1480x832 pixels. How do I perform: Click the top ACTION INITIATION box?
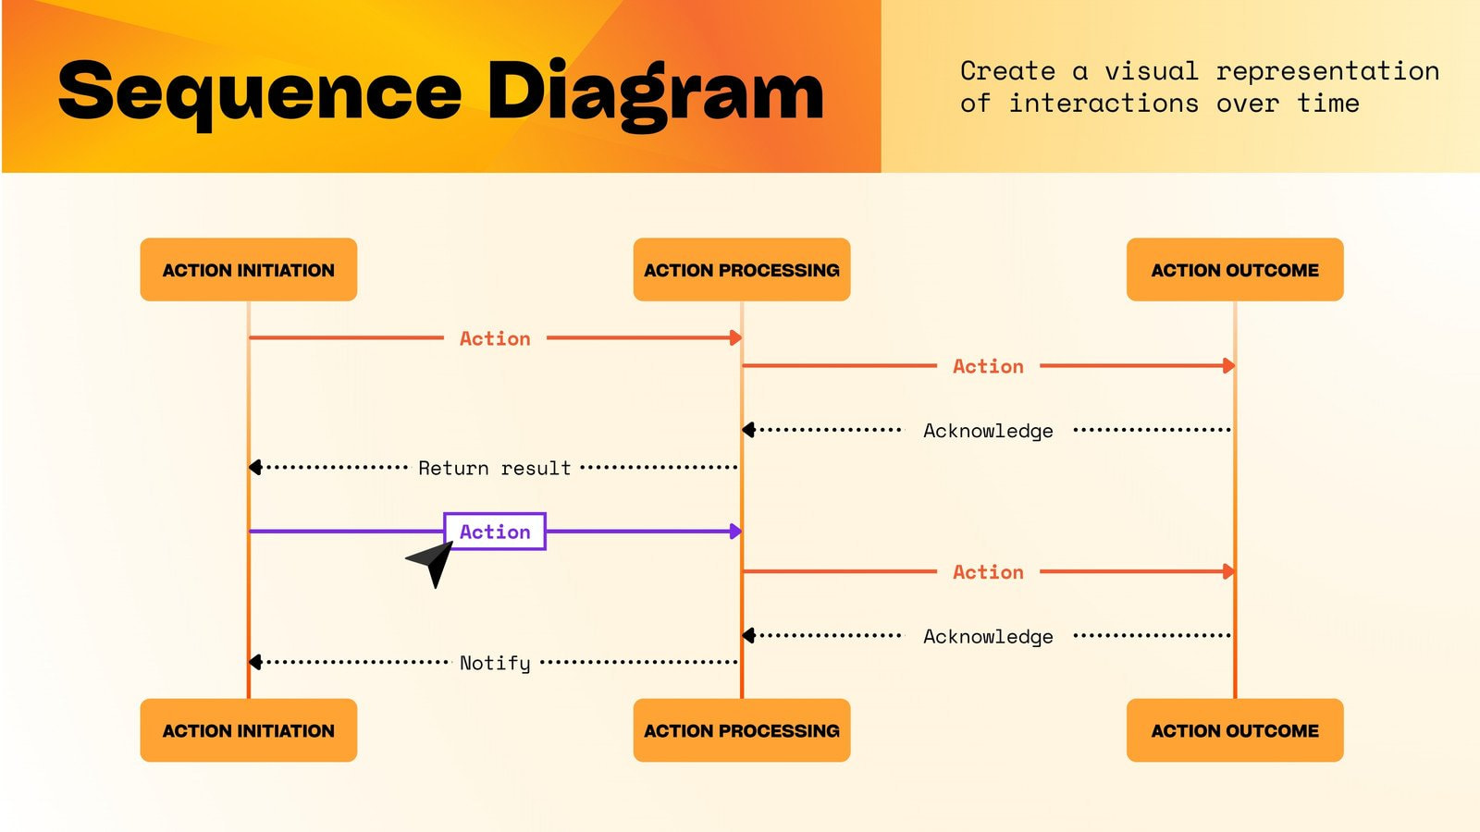pos(248,269)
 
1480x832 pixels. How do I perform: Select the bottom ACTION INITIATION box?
pos(248,730)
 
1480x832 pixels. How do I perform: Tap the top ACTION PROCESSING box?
pos(741,269)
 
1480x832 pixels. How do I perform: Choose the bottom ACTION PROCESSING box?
pos(741,730)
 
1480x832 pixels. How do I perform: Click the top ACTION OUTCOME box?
pos(1234,269)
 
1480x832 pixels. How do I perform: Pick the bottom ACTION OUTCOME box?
pos(1234,730)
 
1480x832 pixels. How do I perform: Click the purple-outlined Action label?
pos(495,532)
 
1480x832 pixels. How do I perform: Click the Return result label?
pos(495,468)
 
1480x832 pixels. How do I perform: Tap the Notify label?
pos(495,663)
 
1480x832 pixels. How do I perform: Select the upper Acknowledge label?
pos(988,431)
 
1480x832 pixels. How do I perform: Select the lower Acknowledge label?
pos(988,637)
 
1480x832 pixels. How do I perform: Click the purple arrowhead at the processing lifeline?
pos(735,532)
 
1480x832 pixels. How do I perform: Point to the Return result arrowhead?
pos(255,468)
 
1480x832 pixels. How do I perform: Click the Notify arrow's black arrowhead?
pos(255,662)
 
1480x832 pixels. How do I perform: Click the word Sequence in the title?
pos(259,92)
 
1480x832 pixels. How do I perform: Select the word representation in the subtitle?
pos(1327,71)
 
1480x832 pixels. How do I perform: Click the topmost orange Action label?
pos(495,338)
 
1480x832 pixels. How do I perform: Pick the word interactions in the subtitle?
pos(1103,104)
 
